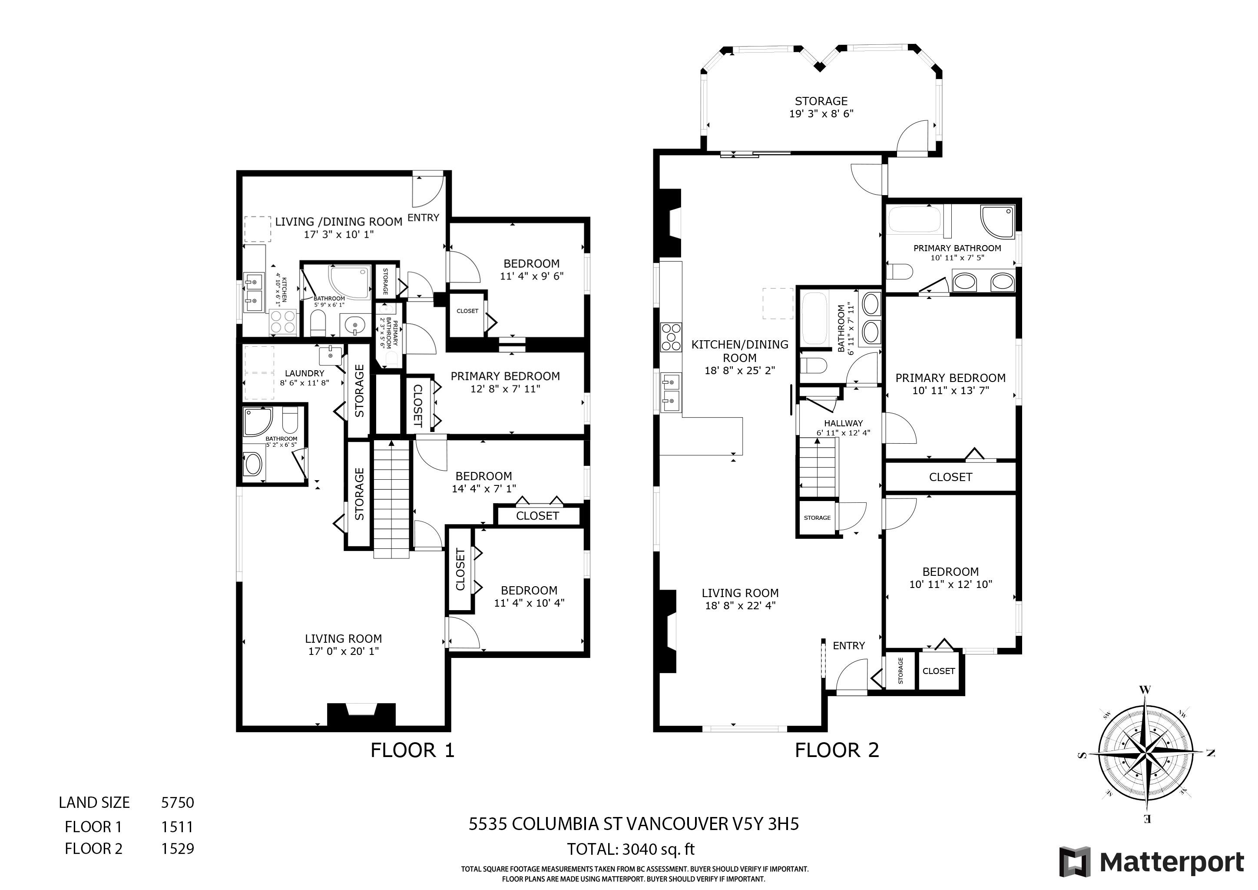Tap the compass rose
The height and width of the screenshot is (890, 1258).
click(1145, 755)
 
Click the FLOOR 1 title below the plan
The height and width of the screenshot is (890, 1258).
click(413, 750)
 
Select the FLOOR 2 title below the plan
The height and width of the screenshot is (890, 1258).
click(837, 750)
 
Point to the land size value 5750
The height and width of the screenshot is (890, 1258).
click(178, 802)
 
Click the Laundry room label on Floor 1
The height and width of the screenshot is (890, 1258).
click(305, 373)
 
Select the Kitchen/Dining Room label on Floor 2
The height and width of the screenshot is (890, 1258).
click(740, 351)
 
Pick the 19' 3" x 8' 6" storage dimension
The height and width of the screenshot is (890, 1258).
click(821, 114)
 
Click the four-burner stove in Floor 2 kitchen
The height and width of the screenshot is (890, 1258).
click(672, 336)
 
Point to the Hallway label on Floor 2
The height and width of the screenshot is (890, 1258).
click(843, 423)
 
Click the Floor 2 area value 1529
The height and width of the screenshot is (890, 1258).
click(178, 848)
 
